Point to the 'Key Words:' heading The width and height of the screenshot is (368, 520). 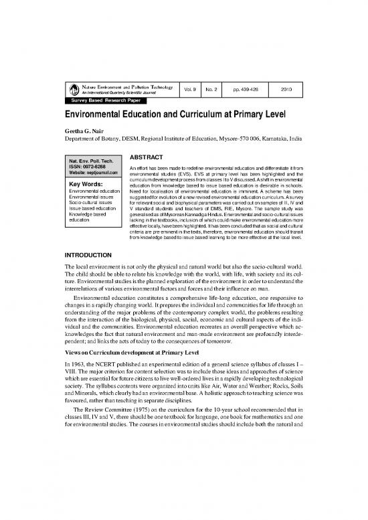(84, 183)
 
